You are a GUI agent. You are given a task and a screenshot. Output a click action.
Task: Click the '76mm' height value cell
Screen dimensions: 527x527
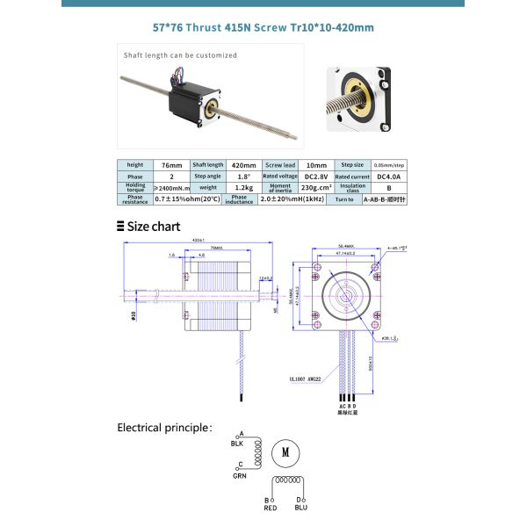167,164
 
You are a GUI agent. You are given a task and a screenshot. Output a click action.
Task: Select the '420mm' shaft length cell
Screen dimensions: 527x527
243,164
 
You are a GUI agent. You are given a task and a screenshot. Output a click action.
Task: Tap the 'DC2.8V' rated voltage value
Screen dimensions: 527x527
315,176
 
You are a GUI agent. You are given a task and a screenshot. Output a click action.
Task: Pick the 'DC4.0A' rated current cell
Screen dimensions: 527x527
388,176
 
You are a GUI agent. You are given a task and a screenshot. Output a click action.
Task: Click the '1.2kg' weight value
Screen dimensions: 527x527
243,187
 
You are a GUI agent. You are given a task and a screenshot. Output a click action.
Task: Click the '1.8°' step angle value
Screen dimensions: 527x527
243,176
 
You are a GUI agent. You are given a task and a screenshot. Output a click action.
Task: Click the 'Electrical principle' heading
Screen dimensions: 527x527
164,428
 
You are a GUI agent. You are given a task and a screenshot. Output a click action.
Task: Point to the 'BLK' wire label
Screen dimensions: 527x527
237,444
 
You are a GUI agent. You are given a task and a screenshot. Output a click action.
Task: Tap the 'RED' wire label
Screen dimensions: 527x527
271,508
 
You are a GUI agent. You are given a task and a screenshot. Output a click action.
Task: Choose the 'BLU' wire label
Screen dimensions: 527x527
301,508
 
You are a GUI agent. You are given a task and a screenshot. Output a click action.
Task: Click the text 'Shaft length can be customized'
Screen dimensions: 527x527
180,55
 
